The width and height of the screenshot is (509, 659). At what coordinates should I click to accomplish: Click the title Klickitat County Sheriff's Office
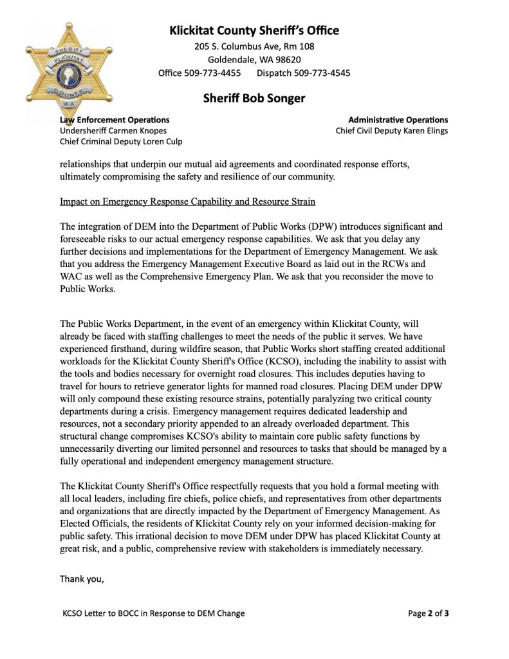tap(254, 30)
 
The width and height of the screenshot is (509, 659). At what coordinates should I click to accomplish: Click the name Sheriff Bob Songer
tap(254, 98)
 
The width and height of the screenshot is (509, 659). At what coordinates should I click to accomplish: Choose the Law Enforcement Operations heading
tap(115, 120)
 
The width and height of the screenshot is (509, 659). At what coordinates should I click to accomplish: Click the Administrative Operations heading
tap(398, 120)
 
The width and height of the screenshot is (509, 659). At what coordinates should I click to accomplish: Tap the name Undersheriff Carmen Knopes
tap(113, 131)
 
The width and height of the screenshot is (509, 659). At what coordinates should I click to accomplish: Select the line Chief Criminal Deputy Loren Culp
tap(121, 142)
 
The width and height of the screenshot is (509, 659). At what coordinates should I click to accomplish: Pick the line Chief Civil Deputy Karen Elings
tap(392, 131)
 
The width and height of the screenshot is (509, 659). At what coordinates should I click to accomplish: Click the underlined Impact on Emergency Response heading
tap(187, 201)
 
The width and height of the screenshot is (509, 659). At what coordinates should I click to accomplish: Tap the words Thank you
tap(82, 579)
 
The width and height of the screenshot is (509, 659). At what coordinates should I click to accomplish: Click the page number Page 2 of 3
tap(429, 613)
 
